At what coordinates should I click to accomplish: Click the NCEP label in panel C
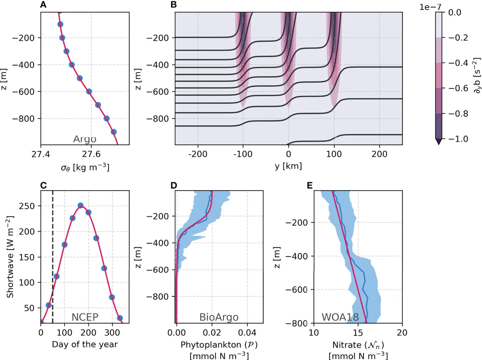(85, 317)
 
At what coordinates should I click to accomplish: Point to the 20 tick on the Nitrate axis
(402, 333)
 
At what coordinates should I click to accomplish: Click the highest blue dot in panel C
(80, 205)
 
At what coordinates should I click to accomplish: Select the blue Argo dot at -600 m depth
(89, 92)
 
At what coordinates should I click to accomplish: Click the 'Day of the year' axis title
(84, 344)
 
